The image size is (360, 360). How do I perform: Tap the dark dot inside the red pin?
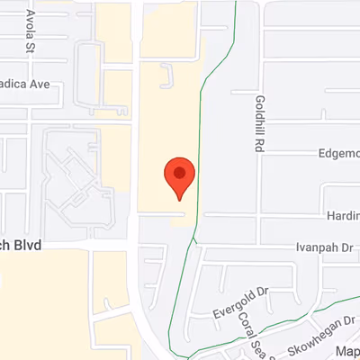(x=179, y=171)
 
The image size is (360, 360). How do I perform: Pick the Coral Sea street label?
(x=250, y=330)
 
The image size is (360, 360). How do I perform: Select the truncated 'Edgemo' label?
(x=338, y=154)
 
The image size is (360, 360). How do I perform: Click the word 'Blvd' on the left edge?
(x=27, y=245)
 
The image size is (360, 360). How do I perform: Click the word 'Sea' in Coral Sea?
(x=256, y=341)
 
